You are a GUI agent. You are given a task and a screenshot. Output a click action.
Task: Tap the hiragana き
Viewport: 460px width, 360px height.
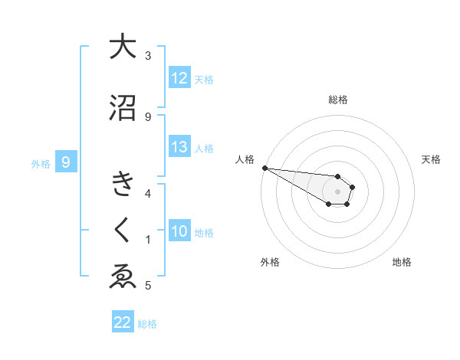123,185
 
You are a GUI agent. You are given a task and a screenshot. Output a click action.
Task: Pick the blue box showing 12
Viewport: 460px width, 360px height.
179,78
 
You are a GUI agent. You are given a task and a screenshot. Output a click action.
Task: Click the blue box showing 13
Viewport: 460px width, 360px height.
179,147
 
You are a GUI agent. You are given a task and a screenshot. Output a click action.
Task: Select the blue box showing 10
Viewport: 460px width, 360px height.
179,231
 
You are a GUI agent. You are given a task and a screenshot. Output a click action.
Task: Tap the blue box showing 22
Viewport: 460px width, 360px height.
123,322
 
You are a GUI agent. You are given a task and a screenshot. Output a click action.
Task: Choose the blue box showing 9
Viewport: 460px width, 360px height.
66,162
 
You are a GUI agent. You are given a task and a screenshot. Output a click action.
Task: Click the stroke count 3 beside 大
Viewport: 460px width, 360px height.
148,56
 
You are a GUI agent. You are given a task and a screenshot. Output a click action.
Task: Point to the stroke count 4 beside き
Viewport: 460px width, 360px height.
148,193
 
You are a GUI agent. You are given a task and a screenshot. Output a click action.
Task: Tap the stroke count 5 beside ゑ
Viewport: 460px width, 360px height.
148,286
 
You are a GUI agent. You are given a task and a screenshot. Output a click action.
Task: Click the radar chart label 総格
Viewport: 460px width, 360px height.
338,100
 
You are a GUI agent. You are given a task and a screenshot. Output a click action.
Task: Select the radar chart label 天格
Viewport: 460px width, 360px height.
432,159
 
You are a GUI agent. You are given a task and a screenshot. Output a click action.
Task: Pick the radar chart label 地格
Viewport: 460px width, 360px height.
402,262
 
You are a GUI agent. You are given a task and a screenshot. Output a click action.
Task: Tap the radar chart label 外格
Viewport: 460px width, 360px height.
270,262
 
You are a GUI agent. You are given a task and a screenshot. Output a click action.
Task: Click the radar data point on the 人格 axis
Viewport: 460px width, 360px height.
264,168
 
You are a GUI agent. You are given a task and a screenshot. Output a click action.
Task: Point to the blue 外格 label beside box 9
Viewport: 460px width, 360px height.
40,163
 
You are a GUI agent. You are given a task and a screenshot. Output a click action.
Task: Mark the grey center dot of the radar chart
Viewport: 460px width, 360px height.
338,191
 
